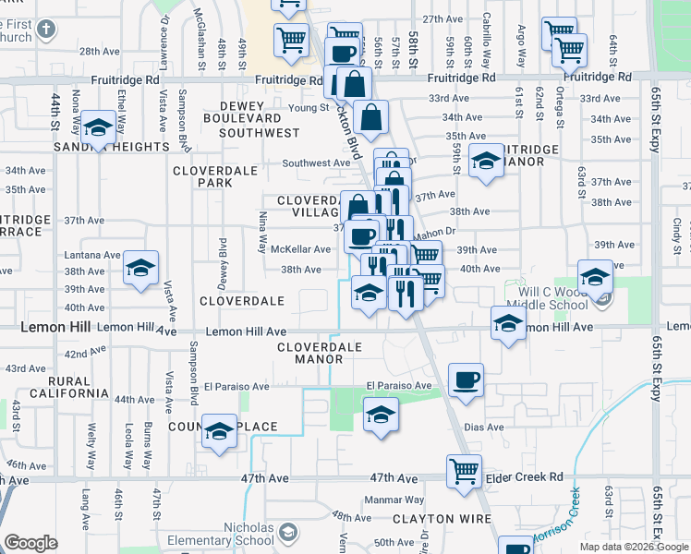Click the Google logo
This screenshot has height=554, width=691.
point(31,543)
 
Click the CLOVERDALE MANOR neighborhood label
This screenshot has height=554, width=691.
point(320,353)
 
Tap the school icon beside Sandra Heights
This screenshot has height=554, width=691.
point(97,127)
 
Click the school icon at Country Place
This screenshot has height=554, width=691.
point(219,429)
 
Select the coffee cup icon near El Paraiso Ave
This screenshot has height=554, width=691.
point(466,379)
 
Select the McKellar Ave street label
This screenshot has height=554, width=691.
point(300,249)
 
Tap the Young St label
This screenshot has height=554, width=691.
point(284,107)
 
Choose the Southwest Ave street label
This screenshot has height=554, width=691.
point(317,163)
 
